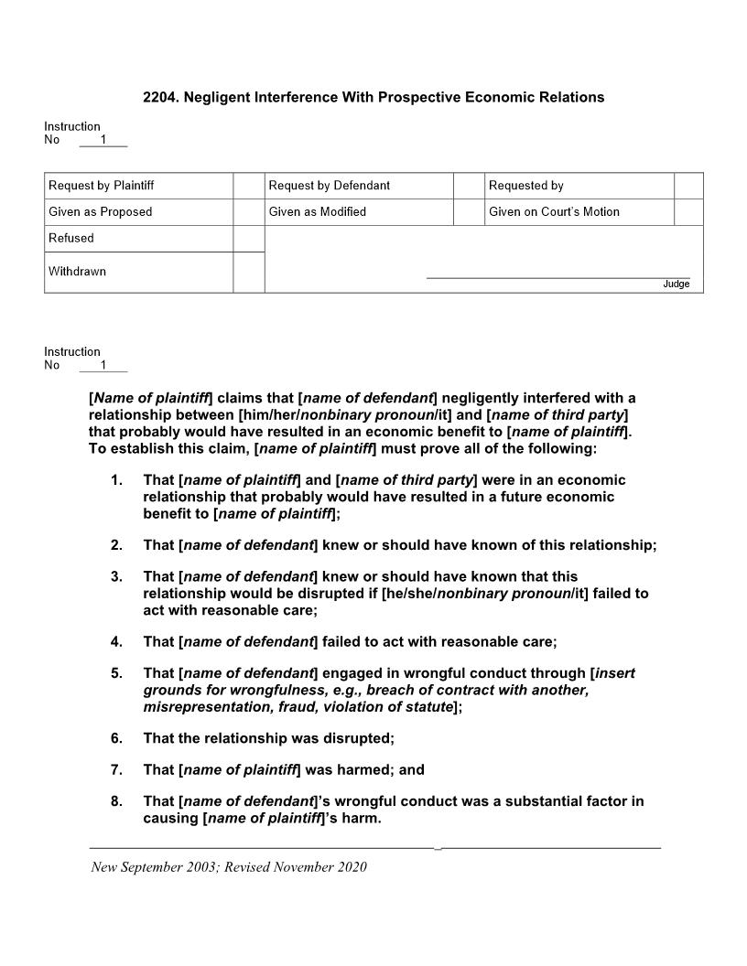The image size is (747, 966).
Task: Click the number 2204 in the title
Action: [x=159, y=97]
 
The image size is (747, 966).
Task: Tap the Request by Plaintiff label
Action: [x=101, y=186]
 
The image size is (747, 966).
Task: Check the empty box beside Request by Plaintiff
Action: [x=248, y=186]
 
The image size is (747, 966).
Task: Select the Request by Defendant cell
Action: [x=329, y=186]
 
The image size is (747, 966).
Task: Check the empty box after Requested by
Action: [x=688, y=186]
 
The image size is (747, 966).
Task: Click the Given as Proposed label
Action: [x=100, y=212]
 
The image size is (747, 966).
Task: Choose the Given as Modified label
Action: [x=317, y=212]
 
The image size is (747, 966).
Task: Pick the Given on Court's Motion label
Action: [x=554, y=212]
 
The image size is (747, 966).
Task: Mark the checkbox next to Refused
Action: [x=248, y=239]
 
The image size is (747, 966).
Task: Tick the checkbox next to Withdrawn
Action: [x=248, y=273]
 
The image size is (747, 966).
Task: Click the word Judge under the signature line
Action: [x=676, y=284]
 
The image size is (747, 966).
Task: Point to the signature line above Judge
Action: [x=558, y=277]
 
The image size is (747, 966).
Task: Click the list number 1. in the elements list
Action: [x=116, y=480]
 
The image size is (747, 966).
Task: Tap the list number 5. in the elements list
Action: [x=116, y=673]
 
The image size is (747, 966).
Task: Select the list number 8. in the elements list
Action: [x=116, y=801]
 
